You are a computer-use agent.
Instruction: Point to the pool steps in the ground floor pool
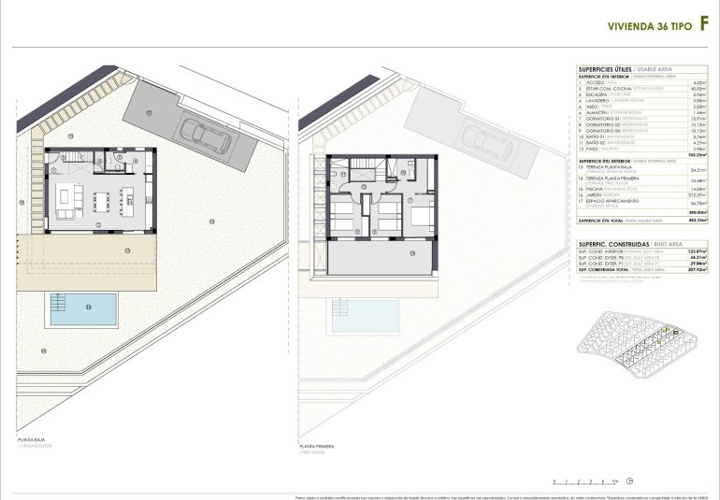[x=57, y=304]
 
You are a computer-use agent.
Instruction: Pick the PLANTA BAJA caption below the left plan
[x=31, y=438]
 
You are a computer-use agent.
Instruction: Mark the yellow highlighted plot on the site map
[x=665, y=333]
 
